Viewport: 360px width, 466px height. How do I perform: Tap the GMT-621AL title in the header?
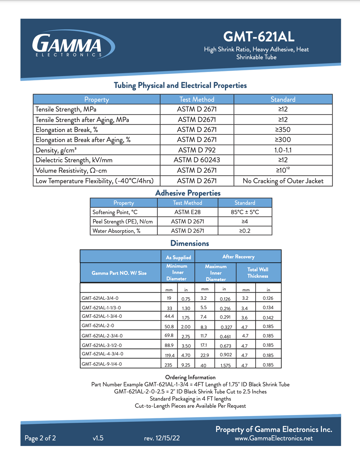[x=259, y=37]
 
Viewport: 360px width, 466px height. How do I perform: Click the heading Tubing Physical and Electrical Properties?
[x=180, y=86]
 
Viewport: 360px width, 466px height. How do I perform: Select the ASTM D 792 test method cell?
[x=197, y=150]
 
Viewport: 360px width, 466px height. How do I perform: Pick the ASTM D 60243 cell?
[x=197, y=160]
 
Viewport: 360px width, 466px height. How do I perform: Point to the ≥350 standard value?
[x=283, y=130]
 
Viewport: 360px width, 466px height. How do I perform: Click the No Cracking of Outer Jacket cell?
[x=283, y=181]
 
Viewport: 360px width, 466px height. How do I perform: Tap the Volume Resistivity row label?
[x=71, y=171]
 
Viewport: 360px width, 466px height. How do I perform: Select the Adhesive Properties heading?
[x=188, y=193]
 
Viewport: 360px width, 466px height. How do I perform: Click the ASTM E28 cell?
[x=187, y=212]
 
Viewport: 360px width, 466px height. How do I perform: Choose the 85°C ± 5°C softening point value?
[x=245, y=212]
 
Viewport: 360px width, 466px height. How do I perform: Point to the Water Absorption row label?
[x=116, y=231]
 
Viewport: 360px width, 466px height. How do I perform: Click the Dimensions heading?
[x=189, y=243]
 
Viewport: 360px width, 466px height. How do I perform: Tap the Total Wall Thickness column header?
[x=258, y=273]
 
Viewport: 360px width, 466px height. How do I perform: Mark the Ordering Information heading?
[x=190, y=377]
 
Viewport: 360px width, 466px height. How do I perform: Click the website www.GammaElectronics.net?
[x=274, y=438]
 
